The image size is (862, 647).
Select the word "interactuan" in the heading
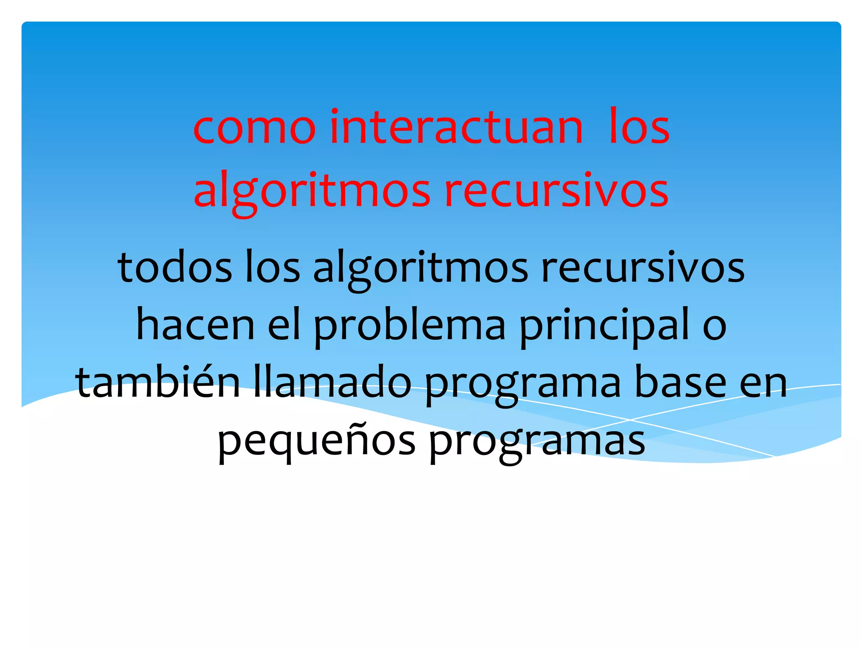tap(456, 127)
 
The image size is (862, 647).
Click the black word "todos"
tap(175, 268)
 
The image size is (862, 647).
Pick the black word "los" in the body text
tap(272, 268)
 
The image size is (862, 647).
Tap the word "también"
tap(158, 382)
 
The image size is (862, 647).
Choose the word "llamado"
tap(333, 382)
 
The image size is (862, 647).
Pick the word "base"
tap(680, 382)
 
